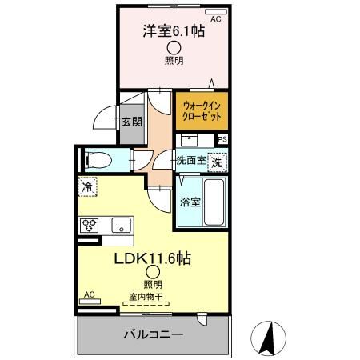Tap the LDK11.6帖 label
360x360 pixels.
click(152, 258)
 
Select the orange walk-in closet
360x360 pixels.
click(200, 110)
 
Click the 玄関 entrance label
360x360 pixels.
click(132, 122)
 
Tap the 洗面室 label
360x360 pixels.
click(191, 160)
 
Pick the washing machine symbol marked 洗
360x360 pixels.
click(218, 160)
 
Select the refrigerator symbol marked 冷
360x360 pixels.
click(86, 186)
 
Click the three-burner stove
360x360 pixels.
click(89, 225)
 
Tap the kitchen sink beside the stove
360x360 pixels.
click(121, 225)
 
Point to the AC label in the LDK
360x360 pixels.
click(89, 294)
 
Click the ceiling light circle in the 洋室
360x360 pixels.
click(173, 47)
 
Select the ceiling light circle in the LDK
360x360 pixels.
click(152, 273)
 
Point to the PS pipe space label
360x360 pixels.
click(222, 138)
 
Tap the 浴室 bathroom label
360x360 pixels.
click(190, 200)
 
